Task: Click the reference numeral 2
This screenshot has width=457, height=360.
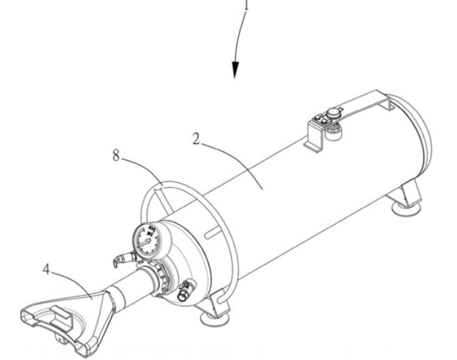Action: click(196, 138)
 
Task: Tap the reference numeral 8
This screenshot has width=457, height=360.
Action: click(116, 155)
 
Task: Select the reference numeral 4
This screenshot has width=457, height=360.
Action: click(47, 269)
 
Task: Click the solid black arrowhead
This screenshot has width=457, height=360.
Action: click(235, 70)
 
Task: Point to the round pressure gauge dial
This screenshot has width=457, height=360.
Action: click(147, 241)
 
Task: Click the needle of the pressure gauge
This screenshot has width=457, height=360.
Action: click(144, 243)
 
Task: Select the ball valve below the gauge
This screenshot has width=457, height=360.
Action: click(186, 291)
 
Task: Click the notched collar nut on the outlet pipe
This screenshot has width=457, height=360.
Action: click(160, 277)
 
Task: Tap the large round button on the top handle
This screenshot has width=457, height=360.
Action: click(335, 112)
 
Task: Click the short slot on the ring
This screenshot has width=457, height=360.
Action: click(211, 233)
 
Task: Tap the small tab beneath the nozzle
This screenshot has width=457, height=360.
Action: click(60, 338)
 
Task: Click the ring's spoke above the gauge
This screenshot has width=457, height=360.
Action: click(164, 202)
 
